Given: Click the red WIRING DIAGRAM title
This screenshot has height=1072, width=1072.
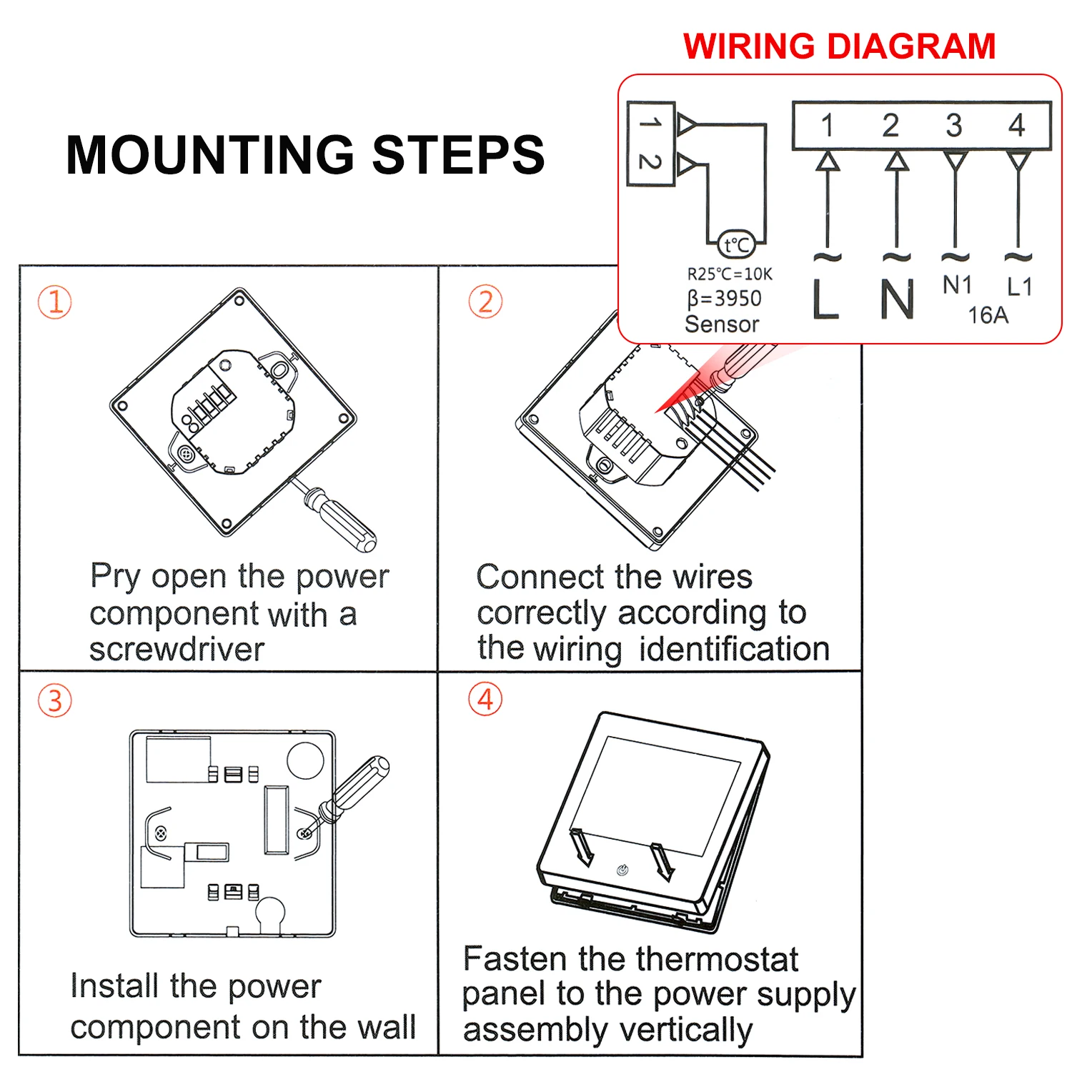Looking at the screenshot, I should pos(839,46).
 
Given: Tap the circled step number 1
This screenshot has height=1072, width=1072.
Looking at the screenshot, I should pos(55,302).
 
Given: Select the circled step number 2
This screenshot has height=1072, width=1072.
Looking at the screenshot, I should pos(485,302).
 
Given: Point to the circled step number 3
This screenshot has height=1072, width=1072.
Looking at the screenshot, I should pos(55,700).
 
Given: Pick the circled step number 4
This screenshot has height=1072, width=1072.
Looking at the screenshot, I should pos(485,699).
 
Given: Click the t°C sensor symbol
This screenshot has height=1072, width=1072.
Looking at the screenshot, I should pos(736,245).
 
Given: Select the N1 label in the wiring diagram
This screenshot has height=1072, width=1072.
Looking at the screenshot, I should pos(957,285).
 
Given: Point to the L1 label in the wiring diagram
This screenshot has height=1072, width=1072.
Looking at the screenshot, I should pos(1019,287).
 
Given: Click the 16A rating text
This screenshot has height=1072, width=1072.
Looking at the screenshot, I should pos(988,315).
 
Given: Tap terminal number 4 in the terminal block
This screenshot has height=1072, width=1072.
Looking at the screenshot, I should pos(1017,126).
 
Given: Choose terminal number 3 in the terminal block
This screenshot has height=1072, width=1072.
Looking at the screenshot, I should pos(954,126).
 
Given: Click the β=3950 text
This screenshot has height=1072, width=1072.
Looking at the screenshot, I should pos(724,298).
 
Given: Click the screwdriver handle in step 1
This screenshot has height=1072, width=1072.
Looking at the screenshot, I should pos(347,520).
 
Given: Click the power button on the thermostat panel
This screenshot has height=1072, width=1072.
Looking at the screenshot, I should pos(622,870).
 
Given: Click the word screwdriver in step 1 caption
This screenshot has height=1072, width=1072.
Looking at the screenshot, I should pos(177,650).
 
